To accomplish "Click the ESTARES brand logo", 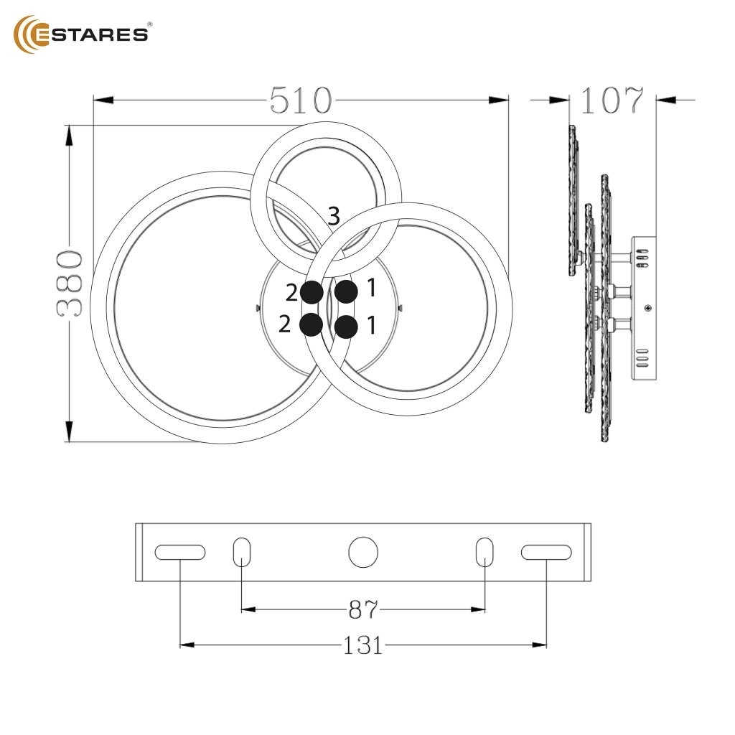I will pyautogui.click(x=82, y=34).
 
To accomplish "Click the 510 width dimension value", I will pyautogui.click(x=301, y=101).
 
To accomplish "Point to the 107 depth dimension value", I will pyautogui.click(x=612, y=101).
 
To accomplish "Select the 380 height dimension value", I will pyautogui.click(x=70, y=284).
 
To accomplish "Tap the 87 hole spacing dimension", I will pyautogui.click(x=363, y=610).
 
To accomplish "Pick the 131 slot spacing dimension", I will pyautogui.click(x=363, y=645).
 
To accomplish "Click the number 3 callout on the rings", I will pyautogui.click(x=334, y=215).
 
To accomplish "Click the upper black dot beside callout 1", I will pyautogui.click(x=346, y=291).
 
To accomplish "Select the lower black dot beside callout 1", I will pyautogui.click(x=346, y=327).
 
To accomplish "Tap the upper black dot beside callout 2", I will pyautogui.click(x=312, y=291).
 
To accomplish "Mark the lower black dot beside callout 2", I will pyautogui.click(x=311, y=324).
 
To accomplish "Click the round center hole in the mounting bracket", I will pyautogui.click(x=363, y=552).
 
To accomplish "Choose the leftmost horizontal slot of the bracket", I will pyautogui.click(x=180, y=552).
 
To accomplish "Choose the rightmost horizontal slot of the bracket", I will pyautogui.click(x=546, y=552).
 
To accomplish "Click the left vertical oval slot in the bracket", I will pyautogui.click(x=242, y=552).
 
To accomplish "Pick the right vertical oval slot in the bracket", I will pyautogui.click(x=485, y=552).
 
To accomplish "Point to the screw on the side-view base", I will pyautogui.click(x=649, y=309).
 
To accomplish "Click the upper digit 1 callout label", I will pyautogui.click(x=371, y=289).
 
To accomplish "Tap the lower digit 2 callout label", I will pyautogui.click(x=285, y=324).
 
